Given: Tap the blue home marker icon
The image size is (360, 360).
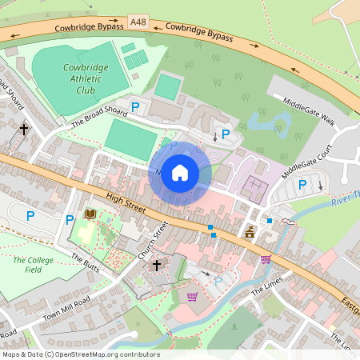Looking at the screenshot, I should coord(180,172).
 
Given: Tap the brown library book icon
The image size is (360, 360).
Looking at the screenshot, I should coord(90,214).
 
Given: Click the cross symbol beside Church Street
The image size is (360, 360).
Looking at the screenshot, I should coord(157,264).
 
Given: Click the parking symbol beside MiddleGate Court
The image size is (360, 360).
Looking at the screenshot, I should coord(302,185).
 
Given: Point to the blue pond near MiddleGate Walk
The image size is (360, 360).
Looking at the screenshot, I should coord(267,122).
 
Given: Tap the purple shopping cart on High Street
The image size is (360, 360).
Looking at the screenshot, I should coord(266,259).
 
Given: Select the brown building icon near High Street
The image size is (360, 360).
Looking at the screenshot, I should coord(250,232).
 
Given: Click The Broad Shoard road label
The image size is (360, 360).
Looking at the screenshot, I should coord(99,118).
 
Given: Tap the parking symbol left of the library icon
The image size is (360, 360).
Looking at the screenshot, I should coord(70,219).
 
